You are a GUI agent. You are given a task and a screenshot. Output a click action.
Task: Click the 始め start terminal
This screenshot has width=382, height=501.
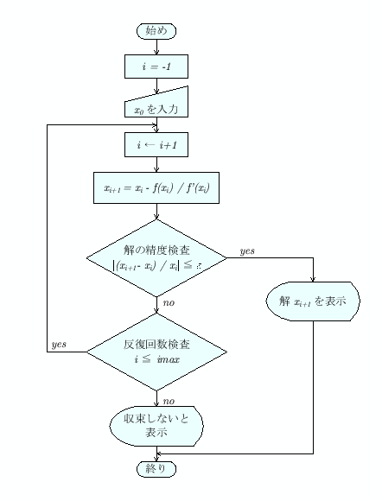tap(156, 31)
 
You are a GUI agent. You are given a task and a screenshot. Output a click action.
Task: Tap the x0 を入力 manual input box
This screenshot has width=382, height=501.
tap(156, 105)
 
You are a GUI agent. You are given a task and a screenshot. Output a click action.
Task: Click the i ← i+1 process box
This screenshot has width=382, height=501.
tap(156, 144)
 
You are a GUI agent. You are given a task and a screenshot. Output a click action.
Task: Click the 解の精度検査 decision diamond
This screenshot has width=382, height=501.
tap(156, 257)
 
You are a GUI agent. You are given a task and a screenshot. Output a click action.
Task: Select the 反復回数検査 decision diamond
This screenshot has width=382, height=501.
tap(156, 350)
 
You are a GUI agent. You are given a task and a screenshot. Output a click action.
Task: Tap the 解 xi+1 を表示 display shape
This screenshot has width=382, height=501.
tap(312, 302)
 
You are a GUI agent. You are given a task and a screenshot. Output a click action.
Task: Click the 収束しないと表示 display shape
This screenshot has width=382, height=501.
tap(156, 424)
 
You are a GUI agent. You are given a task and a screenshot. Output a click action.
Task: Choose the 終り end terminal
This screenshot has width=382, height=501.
tap(156, 468)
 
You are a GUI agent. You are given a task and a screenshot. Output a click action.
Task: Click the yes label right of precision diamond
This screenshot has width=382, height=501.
tap(245, 250)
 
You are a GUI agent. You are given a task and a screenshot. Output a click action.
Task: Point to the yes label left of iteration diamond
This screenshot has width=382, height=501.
tap(60, 344)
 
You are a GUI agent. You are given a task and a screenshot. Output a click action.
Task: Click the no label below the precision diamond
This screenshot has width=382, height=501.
tap(169, 303)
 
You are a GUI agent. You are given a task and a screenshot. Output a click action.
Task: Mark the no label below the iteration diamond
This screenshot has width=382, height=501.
tap(169, 400)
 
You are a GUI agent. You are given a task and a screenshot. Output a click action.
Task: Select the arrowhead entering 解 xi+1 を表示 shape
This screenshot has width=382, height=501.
tap(312, 279)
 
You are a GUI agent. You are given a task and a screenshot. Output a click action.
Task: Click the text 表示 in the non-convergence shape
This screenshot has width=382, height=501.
tap(156, 432)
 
